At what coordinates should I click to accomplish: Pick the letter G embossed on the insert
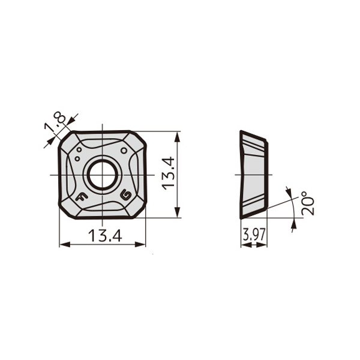(126, 195)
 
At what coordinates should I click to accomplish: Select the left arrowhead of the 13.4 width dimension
(63, 244)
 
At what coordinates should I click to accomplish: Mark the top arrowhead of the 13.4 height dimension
(177, 135)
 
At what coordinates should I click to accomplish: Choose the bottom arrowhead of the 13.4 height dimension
(177, 214)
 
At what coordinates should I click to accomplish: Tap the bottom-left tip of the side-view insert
(241, 218)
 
